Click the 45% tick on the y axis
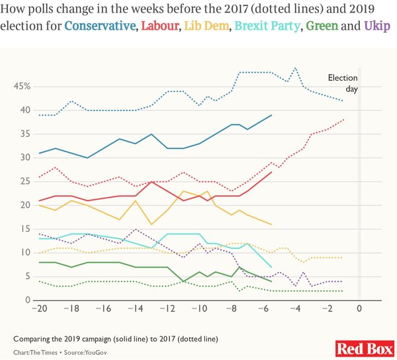(22, 86)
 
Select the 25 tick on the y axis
(25, 181)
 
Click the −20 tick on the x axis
(40, 308)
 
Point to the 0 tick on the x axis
(359, 308)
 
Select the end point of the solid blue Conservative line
(272, 115)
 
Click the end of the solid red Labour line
(272, 172)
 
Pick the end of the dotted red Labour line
(343, 120)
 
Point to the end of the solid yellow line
(272, 224)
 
